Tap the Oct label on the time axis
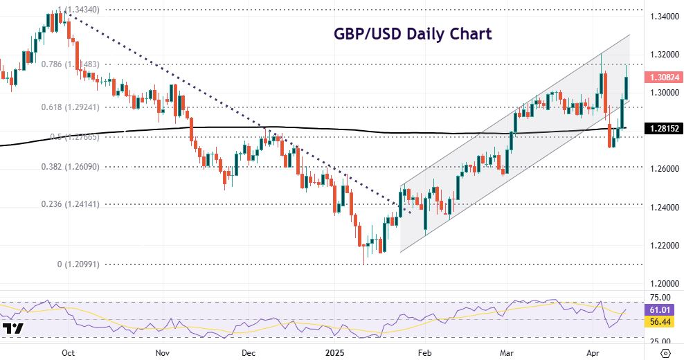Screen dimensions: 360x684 click(x=68, y=352)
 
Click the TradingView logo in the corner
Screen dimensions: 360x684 click(x=13, y=329)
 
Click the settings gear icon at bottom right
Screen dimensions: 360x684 click(x=666, y=352)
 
